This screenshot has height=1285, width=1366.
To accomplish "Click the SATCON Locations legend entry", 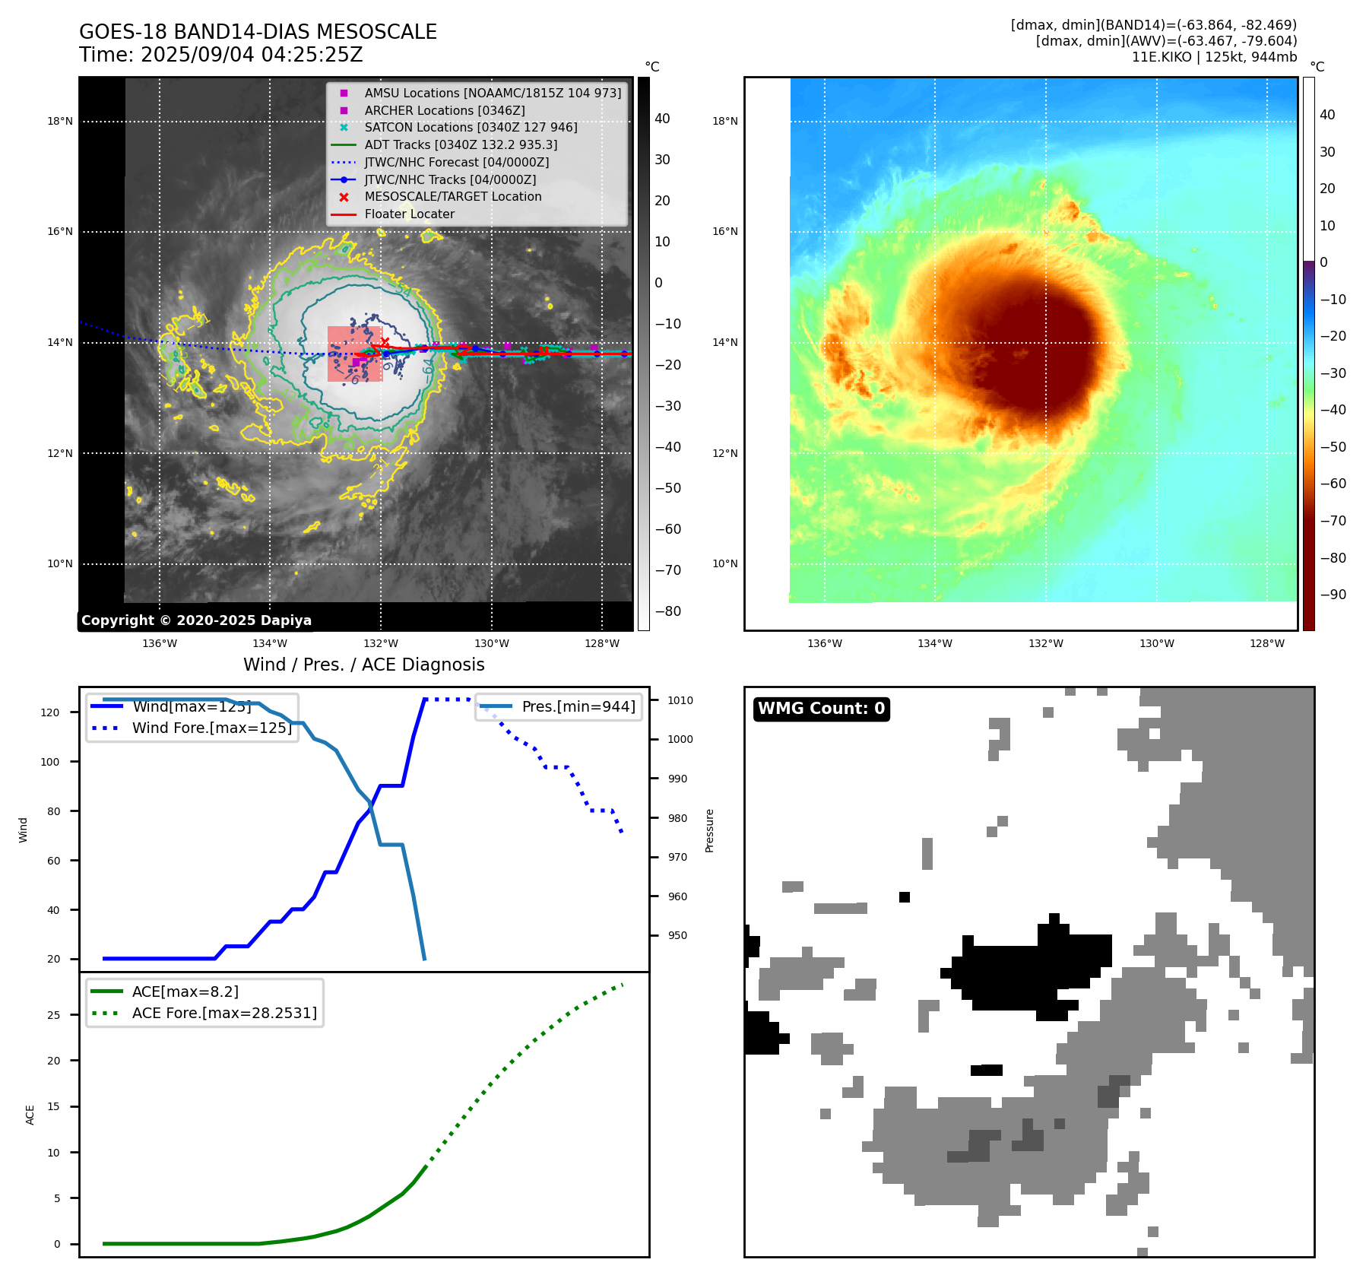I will coord(471,128).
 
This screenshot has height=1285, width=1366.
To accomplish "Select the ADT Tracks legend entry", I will coord(461,144).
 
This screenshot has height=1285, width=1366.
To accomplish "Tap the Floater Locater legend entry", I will coord(409,214).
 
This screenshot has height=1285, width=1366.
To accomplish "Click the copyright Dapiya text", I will coord(196,620).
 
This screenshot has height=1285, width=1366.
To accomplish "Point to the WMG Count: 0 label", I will coord(821,709).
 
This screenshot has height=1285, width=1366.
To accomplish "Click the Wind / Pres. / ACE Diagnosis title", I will coord(363,665).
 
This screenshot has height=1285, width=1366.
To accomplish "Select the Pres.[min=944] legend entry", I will coord(578,706).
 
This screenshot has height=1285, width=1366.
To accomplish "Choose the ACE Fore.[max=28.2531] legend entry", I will coord(224,1013).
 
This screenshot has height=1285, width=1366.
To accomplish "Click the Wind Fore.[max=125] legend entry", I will coord(211,728).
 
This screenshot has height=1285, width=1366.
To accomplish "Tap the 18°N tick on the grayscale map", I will coord(60,121).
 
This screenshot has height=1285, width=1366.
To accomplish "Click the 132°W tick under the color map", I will coord(1046,643).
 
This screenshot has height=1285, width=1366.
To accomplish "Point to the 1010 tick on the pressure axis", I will coord(680,700).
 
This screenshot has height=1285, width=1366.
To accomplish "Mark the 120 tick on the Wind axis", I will coord(50,712).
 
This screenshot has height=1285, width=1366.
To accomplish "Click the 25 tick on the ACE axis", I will coord(53,1015).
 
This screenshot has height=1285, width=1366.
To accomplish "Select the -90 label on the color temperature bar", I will coord(1333,595).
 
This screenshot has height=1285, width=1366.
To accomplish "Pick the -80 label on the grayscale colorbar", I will coord(668,611).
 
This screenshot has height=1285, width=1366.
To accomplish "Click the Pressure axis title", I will coord(709,830).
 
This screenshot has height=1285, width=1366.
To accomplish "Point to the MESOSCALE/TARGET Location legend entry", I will coord(453,197).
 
